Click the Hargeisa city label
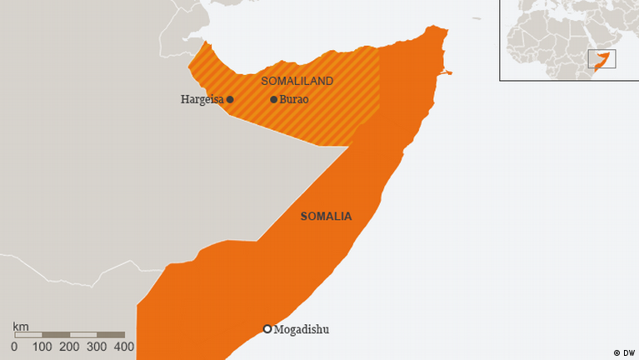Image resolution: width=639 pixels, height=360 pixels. pos(202,99)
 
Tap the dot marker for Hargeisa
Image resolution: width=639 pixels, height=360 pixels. pos(230,99)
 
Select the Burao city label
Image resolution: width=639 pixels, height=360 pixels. pos(294,99)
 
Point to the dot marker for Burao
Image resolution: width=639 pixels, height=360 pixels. pos(273,99)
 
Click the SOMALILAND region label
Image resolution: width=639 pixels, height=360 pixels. pos(297,81)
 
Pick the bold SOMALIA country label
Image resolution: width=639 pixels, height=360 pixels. pos(326,216)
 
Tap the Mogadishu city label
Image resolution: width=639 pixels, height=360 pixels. pos(302,329)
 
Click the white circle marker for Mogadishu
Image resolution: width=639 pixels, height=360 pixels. pos(267,329)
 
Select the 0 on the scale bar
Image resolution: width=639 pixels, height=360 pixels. pos(14,347)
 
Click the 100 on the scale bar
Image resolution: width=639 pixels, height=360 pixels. pos(42,347)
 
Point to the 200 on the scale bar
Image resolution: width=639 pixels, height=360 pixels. pos(70,347)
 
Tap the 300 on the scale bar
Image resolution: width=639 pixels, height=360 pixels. pos(97,347)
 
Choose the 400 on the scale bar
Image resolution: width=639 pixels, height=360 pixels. pos(124,347)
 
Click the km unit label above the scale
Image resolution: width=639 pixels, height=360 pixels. pos(20,326)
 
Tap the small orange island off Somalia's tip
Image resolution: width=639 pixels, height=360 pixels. pos(447,72)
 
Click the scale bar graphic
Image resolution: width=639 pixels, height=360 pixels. pos(69,335)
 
